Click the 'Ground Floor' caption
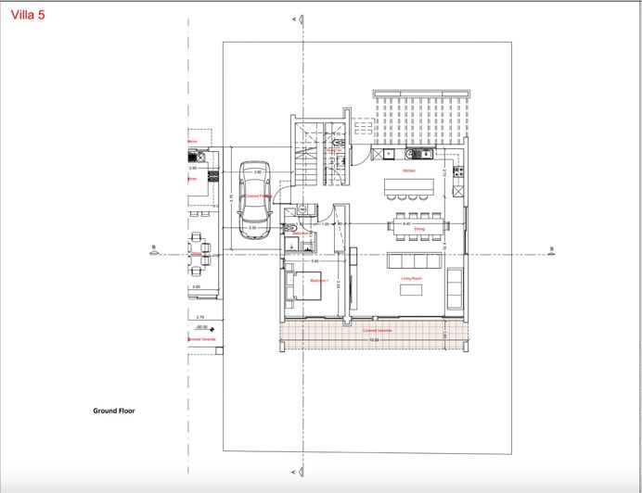coord(114,410)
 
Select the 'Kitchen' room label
coord(409,171)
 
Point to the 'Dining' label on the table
coord(419,228)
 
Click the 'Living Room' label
coord(412,277)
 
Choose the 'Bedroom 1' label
coord(321,279)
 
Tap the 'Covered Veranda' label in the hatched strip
coord(376,330)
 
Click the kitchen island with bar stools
coord(409,189)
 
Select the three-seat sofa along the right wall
coord(455,288)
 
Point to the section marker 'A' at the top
coord(293,19)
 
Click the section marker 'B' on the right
coord(551,248)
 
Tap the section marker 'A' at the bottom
coord(293,470)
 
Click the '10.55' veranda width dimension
coord(376,340)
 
